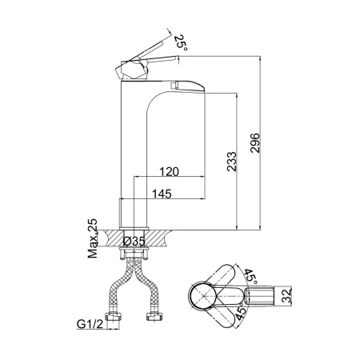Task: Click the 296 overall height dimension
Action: [255, 142]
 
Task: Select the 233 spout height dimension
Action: [231, 162]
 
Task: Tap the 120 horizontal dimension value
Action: [169, 172]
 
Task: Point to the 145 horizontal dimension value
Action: [162, 194]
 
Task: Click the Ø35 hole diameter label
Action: [134, 241]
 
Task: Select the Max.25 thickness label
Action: [93, 238]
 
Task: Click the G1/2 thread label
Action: [90, 324]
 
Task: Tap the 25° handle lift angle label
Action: [180, 42]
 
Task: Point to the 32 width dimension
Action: [287, 296]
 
